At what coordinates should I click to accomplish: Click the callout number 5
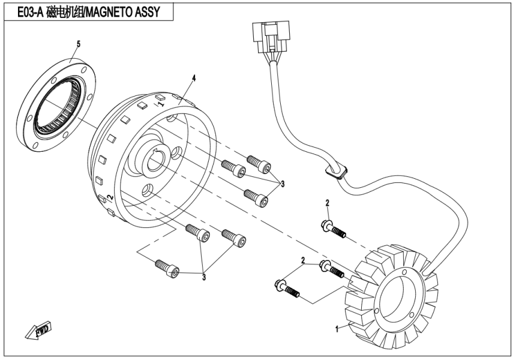click(x=77, y=44)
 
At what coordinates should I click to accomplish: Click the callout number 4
click(x=194, y=78)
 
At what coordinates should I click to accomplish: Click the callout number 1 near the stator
click(x=337, y=328)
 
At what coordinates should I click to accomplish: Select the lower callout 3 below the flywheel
click(x=203, y=277)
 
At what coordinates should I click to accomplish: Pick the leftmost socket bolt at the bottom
click(x=166, y=268)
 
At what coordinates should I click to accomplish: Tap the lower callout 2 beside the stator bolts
click(x=304, y=260)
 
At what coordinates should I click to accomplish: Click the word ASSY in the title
click(x=149, y=12)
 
